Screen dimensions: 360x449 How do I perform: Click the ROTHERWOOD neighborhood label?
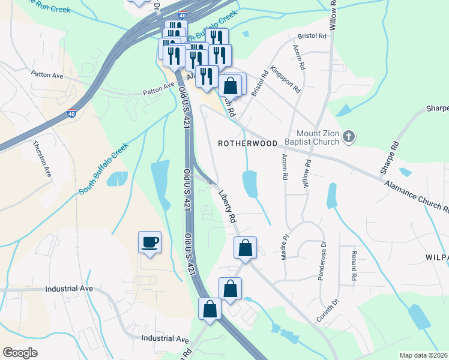(247, 144)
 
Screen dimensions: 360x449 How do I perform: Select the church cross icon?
(349, 138)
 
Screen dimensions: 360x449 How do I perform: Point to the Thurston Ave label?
(41, 159)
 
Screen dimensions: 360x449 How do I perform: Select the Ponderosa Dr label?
(323, 257)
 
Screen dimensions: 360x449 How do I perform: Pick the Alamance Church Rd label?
(417, 197)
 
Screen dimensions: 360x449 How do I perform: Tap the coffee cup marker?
(149, 242)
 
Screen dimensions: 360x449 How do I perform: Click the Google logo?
(20, 353)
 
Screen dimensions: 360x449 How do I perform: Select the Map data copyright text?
(423, 355)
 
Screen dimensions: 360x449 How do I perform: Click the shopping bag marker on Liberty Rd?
(245, 248)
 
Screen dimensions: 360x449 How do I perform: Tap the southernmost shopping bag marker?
(210, 310)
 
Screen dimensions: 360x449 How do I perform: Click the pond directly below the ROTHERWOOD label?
(250, 183)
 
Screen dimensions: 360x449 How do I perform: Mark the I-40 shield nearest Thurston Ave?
(71, 112)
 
